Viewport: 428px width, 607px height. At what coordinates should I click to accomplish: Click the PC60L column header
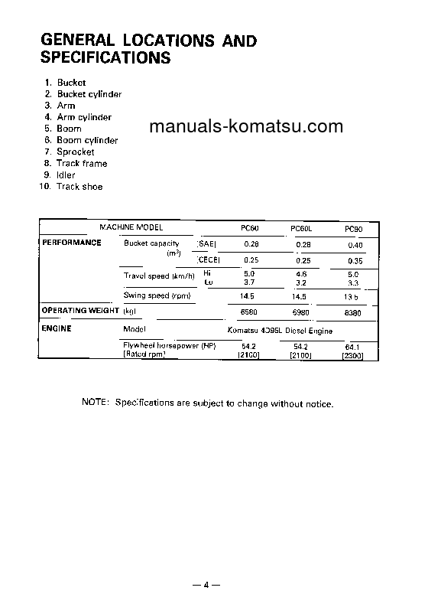[x=301, y=229]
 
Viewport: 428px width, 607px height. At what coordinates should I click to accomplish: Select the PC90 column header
[x=353, y=229]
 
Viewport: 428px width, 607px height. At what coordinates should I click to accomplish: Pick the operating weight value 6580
[x=249, y=312]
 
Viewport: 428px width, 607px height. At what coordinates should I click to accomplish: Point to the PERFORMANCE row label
[x=71, y=243]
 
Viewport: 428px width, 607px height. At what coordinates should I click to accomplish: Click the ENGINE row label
[x=57, y=328]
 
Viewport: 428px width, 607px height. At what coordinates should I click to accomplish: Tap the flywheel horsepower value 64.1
[x=353, y=347]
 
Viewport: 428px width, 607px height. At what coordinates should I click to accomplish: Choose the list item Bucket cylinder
[x=89, y=94]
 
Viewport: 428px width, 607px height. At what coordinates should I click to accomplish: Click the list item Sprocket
[x=76, y=152]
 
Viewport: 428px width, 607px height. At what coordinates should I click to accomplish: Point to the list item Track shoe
[x=79, y=187]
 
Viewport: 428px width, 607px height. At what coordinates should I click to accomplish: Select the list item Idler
[x=66, y=175]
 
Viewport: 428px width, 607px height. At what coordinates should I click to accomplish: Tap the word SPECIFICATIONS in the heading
[x=105, y=57]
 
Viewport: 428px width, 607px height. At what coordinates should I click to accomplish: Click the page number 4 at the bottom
[x=206, y=586]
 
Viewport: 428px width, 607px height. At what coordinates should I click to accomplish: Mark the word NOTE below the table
[x=95, y=403]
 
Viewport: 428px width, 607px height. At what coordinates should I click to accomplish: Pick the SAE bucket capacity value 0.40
[x=353, y=244]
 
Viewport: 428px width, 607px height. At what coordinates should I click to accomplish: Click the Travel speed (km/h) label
[x=159, y=276]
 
